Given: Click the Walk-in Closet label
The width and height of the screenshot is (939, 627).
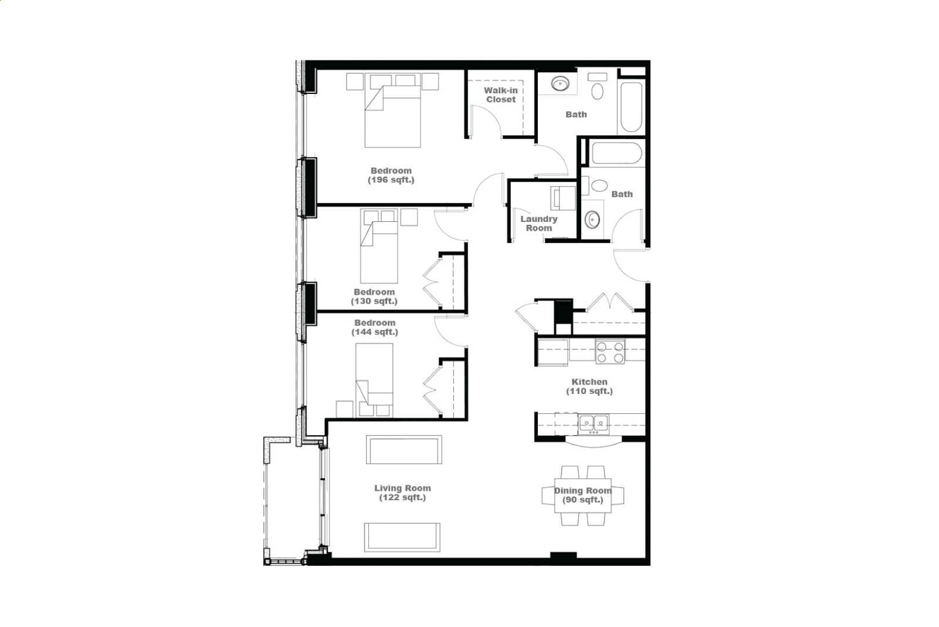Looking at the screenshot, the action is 500,95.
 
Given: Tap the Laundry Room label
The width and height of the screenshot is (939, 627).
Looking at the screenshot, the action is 538,223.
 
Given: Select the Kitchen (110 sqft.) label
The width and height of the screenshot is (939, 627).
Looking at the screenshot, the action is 589,386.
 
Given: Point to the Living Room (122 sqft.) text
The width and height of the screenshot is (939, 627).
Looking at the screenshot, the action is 402,493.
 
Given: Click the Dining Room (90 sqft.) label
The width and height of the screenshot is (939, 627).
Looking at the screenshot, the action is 582,495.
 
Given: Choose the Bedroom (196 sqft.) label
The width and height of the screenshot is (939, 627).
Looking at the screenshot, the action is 391,175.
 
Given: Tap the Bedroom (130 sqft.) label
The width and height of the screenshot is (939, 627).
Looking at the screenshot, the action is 374,296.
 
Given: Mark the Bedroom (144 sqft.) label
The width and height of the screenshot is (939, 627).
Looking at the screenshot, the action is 375,328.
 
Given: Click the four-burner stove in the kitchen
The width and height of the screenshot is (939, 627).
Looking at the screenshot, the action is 610,352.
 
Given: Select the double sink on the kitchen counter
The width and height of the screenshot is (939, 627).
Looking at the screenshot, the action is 593,424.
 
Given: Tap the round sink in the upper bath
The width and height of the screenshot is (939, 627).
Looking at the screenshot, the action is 560,83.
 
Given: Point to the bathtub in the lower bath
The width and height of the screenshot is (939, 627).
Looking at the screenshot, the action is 616,153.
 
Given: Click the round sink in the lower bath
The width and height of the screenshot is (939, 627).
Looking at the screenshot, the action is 592,219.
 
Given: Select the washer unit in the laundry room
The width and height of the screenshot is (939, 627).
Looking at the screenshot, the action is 563,198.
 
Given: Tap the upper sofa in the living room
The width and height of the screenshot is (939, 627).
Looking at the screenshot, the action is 404,450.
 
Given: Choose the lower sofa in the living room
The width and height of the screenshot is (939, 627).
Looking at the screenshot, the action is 402,537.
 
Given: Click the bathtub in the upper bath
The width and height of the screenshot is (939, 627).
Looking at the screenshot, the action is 631,107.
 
